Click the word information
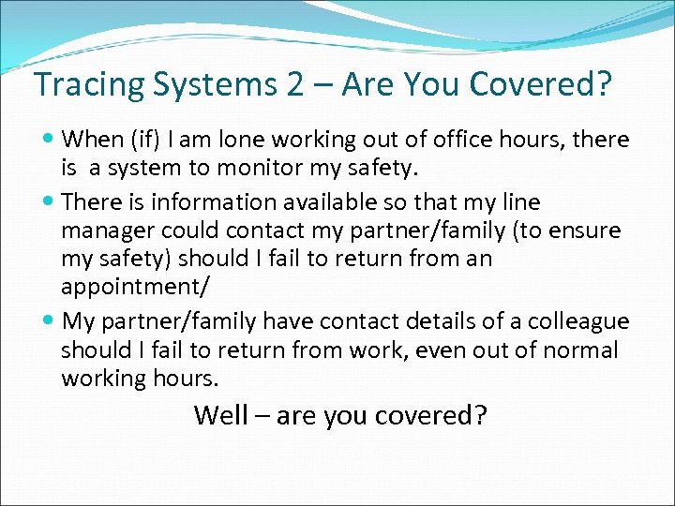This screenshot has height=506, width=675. click(215, 202)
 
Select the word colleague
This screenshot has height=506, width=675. click(577, 321)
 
